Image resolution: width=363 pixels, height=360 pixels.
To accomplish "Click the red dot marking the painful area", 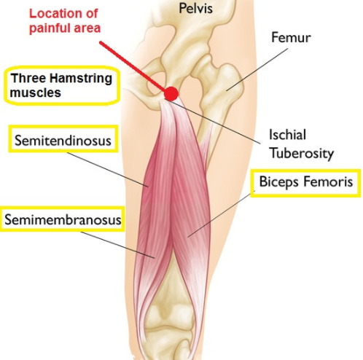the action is pyautogui.click(x=171, y=93).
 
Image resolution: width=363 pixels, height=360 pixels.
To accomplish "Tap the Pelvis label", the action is pyautogui.click(x=195, y=8).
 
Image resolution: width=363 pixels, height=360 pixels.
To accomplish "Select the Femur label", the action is pyautogui.click(x=291, y=38).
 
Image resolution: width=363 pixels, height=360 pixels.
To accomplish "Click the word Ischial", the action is pyautogui.click(x=287, y=135).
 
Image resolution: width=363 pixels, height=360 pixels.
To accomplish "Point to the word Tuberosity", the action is pyautogui.click(x=302, y=154).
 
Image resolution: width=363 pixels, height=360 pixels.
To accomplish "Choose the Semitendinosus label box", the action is pyautogui.click(x=63, y=138).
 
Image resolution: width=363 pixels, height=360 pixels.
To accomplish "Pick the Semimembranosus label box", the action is pyautogui.click(x=63, y=219).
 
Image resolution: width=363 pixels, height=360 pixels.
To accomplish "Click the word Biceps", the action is pyautogui.click(x=278, y=182).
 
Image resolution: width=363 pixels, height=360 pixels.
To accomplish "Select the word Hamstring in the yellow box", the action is pyautogui.click(x=82, y=79).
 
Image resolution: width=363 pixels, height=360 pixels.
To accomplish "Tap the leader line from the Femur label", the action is pyautogui.click(x=257, y=69).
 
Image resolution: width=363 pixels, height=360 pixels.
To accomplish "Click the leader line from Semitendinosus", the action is pyautogui.click(x=107, y=170).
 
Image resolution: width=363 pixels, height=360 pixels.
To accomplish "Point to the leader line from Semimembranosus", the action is pyautogui.click(x=117, y=245).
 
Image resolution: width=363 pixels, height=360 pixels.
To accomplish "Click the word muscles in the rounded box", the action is pyautogui.click(x=36, y=93).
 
